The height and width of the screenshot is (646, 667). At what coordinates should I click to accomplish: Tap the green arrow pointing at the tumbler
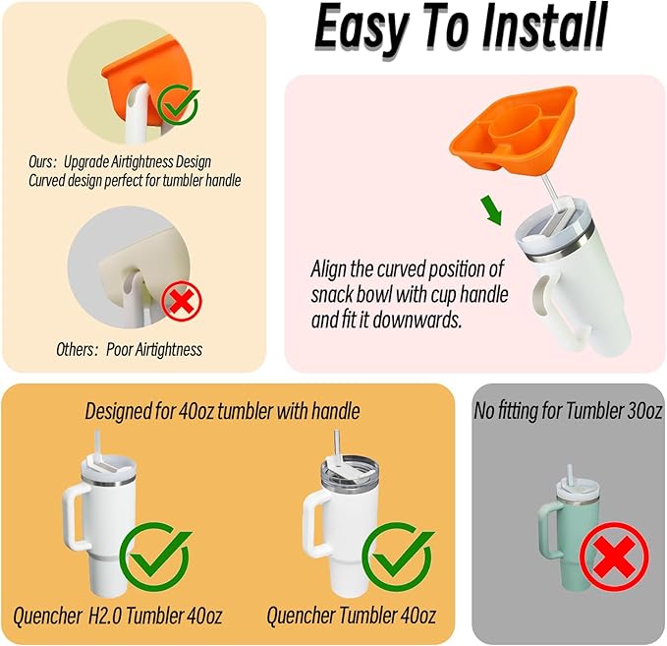(x=492, y=210)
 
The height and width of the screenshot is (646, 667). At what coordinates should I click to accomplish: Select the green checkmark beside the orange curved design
(x=178, y=104)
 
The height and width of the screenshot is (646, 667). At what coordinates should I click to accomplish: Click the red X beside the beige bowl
(x=182, y=301)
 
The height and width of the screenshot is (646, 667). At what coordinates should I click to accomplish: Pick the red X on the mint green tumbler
(x=614, y=557)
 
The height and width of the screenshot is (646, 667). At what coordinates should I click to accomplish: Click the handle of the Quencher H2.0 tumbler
(x=76, y=516)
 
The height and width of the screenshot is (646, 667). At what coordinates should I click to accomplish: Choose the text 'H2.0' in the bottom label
(x=105, y=616)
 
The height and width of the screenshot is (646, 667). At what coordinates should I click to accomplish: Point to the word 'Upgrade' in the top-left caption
(x=86, y=162)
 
